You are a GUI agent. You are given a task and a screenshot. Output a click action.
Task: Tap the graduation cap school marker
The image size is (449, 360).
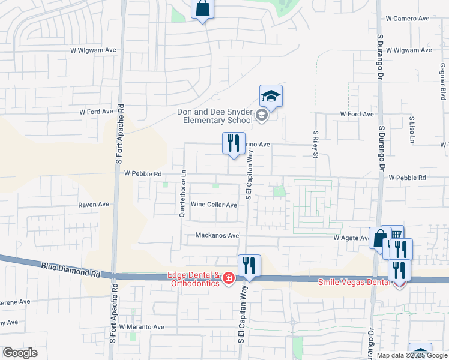(271, 97)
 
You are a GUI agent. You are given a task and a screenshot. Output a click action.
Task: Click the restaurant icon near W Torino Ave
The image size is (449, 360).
(233, 143)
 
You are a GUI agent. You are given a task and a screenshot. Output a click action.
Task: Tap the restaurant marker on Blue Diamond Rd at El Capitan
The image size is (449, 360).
(249, 266)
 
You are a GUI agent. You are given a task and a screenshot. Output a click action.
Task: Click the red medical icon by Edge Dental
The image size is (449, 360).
(228, 279)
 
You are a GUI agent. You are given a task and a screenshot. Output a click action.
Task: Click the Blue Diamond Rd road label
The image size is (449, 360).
(71, 268)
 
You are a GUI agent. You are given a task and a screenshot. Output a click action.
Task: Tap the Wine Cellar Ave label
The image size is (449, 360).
(214, 205)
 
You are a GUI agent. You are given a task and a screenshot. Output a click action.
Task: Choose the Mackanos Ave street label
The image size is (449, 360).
(217, 235)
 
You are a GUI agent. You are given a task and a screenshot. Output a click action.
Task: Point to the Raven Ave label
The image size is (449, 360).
(94, 205)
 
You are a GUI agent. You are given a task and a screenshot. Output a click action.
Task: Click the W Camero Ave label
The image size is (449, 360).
(408, 19)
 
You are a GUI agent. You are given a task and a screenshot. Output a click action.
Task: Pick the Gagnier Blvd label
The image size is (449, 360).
(443, 81)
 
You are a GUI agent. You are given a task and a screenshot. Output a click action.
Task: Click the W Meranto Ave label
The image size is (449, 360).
(142, 327)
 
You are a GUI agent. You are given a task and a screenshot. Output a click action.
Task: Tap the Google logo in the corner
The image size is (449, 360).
(20, 353)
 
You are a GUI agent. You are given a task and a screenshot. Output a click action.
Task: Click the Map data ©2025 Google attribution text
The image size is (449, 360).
(412, 355)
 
